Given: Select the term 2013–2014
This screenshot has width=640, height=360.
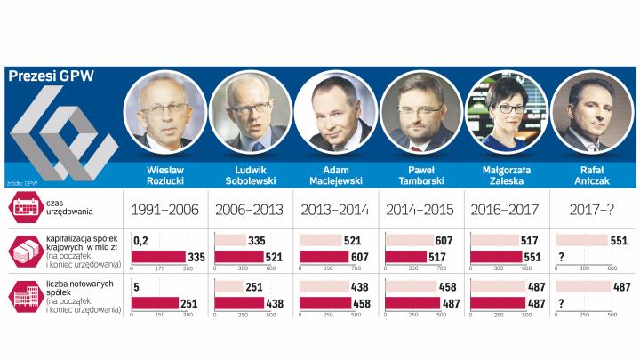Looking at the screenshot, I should click(330, 211).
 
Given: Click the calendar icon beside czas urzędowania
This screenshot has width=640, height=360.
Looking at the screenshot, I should click(24, 210).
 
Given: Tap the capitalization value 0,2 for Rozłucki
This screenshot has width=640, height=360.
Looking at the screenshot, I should click(140, 241).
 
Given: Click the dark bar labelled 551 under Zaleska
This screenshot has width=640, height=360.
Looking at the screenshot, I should click(499, 257).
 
